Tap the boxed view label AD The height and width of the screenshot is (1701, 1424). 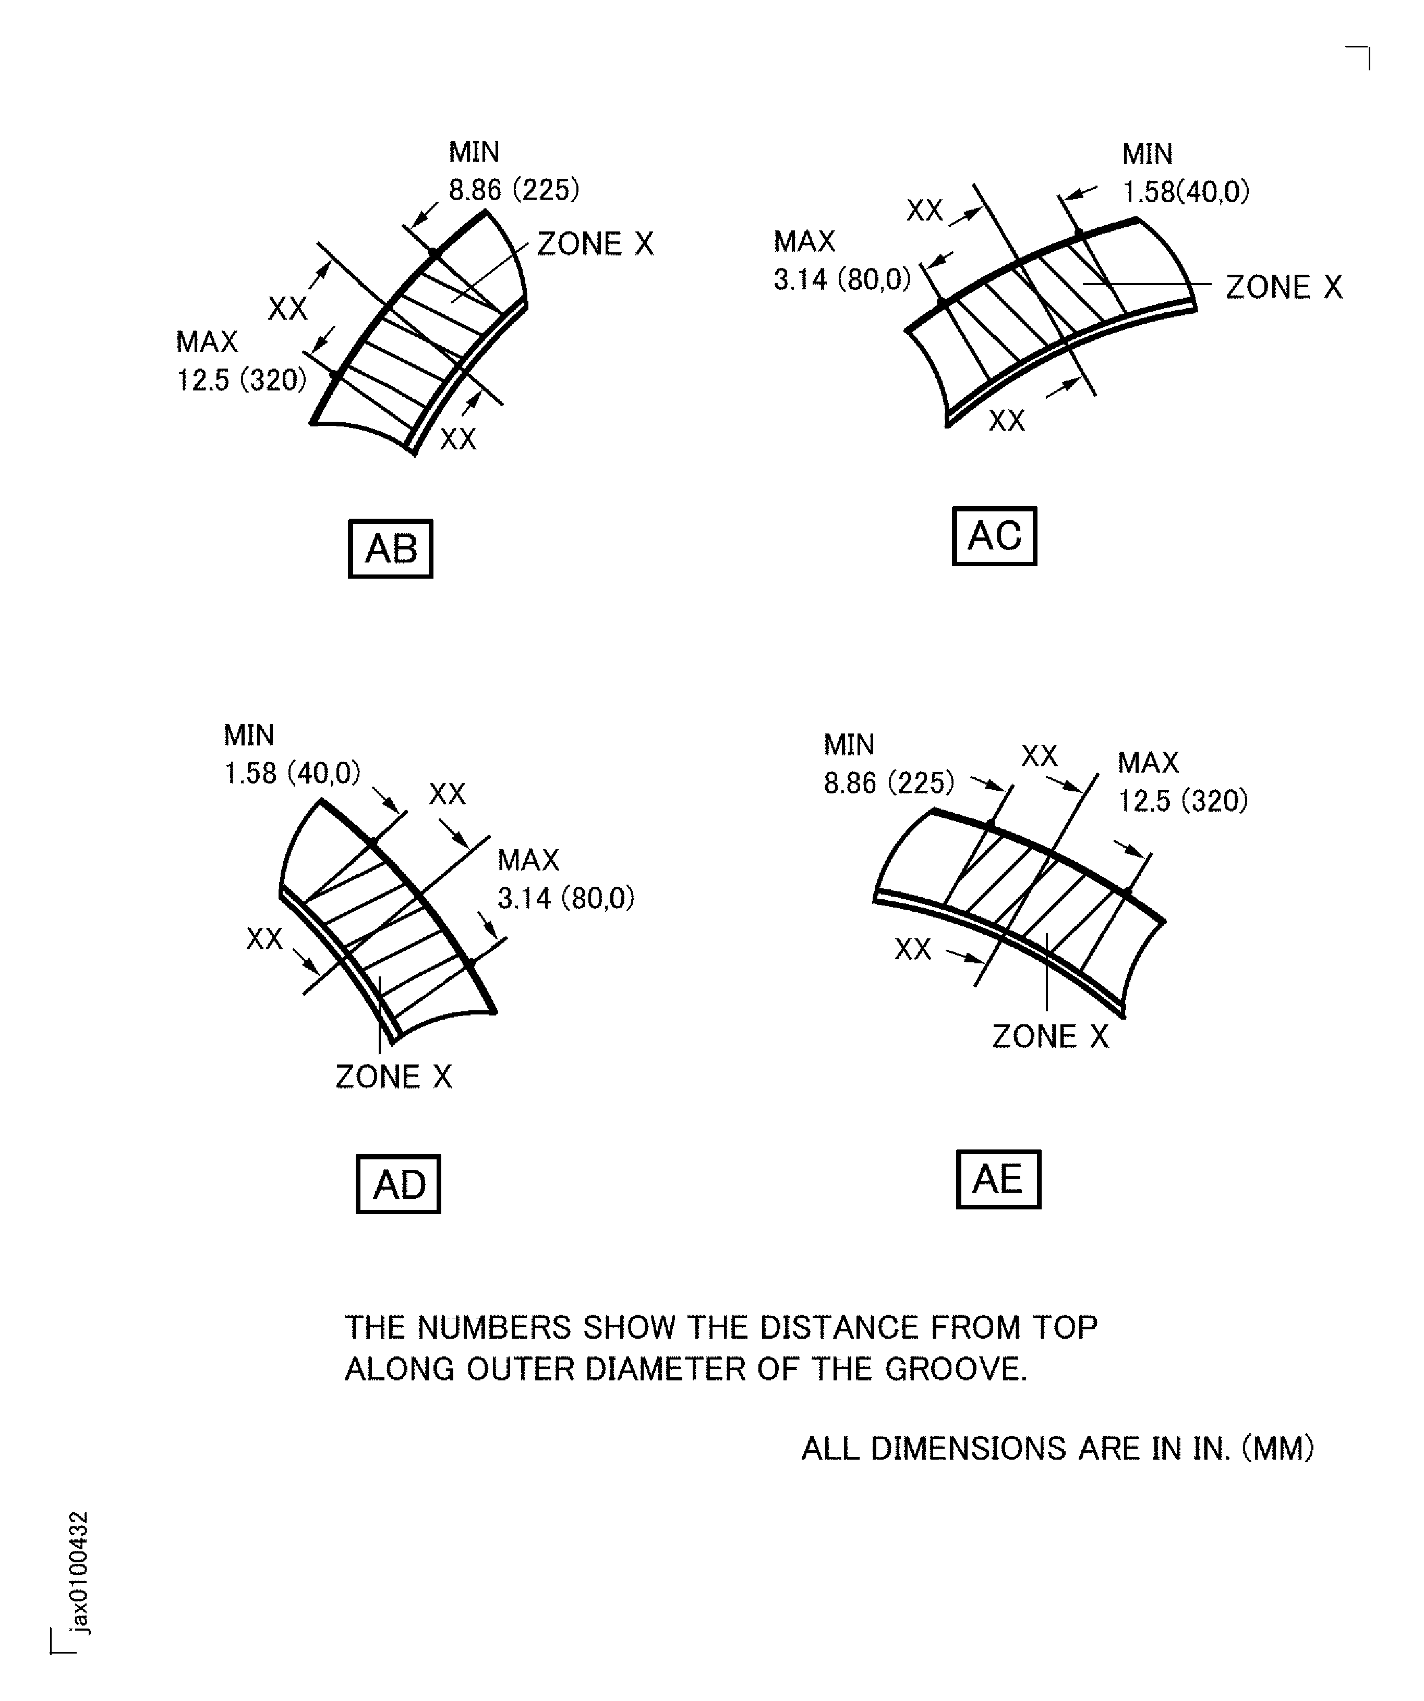pos(398,1184)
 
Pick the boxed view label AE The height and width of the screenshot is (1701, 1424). pos(998,1179)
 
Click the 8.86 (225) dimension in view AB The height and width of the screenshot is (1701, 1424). pos(514,190)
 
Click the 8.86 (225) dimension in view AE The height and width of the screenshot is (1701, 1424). pos(889,782)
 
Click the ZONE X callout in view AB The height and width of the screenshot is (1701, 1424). pos(595,244)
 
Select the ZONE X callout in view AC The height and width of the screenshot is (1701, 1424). pos(1284,287)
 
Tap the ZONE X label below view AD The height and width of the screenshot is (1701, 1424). pos(394,1076)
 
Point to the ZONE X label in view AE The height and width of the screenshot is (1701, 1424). pos(1049,1036)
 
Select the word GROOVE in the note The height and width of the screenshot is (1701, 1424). pos(956,1369)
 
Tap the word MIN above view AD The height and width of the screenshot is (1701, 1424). pos(249,735)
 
